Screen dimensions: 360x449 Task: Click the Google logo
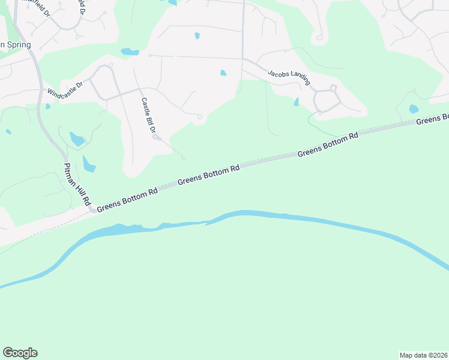tap(20, 353)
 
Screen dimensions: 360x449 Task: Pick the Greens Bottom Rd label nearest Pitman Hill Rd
tap(127, 199)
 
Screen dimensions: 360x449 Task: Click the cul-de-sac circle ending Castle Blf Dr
tap(155, 137)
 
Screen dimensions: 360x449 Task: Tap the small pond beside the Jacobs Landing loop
tap(296, 102)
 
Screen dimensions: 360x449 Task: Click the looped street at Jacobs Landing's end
tap(327, 99)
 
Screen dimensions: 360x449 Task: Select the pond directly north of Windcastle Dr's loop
tap(130, 52)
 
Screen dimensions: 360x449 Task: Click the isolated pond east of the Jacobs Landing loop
tap(414, 109)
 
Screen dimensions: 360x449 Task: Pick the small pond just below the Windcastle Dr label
tap(47, 106)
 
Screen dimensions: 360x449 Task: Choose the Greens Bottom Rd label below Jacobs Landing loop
tap(327, 144)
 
